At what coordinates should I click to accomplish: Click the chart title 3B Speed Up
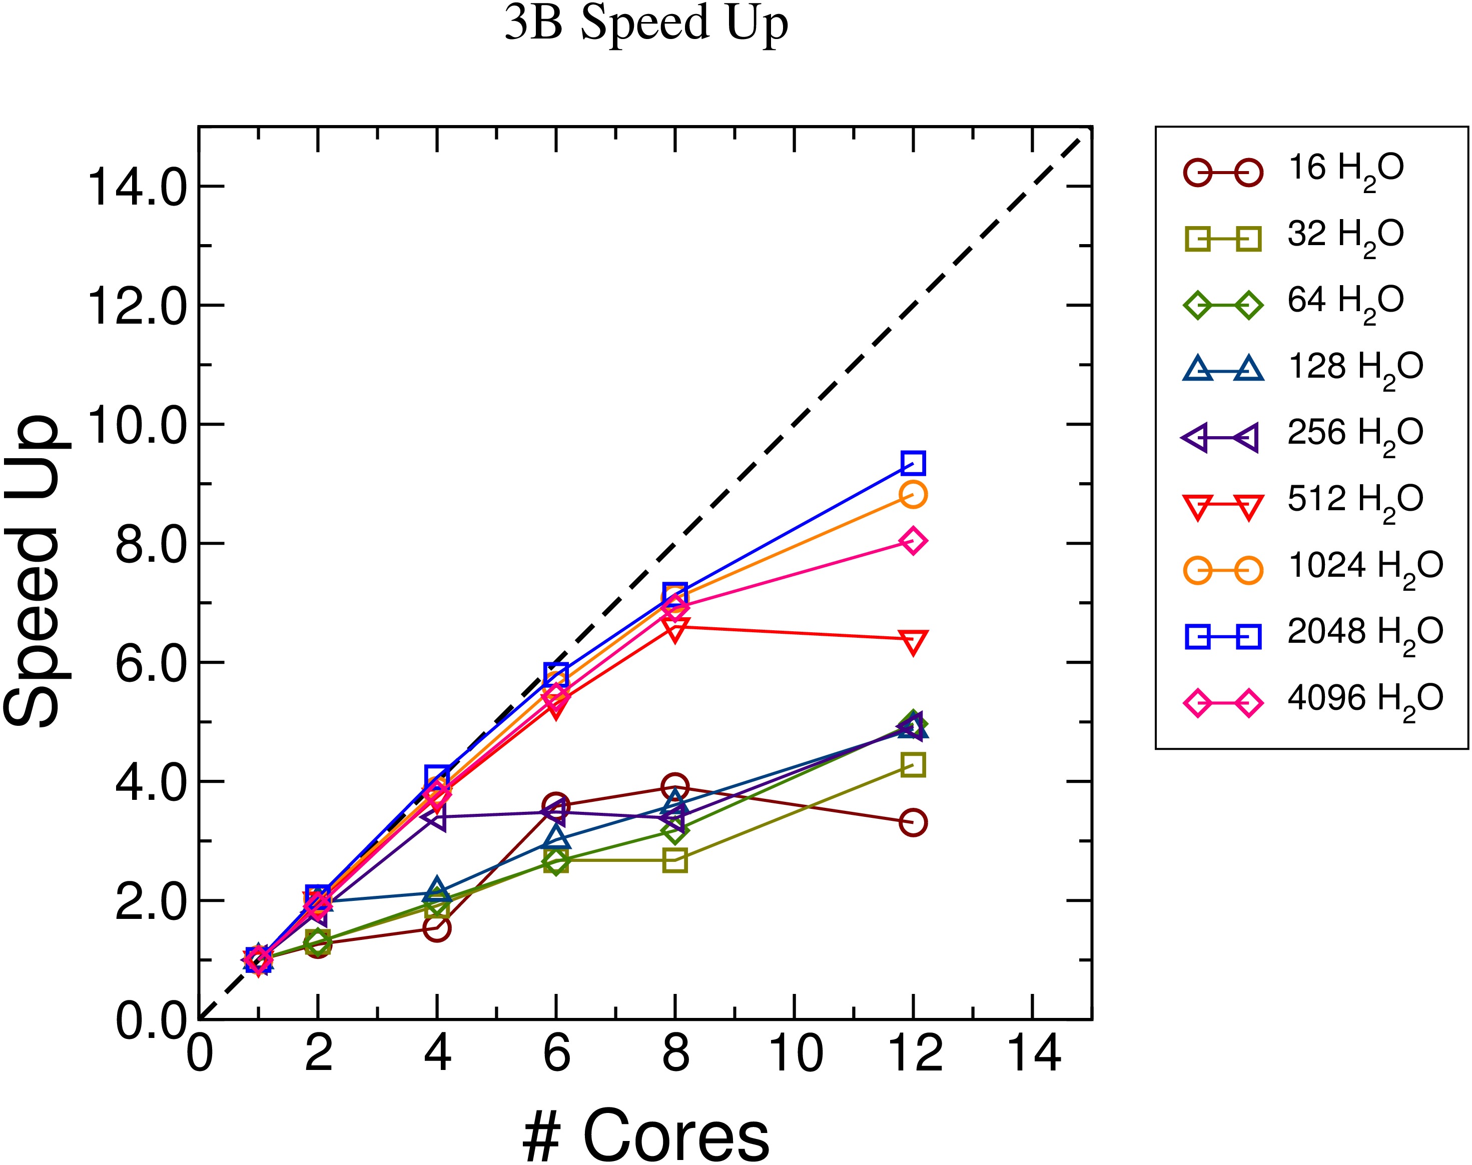pyautogui.click(x=646, y=25)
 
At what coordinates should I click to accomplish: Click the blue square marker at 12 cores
pyautogui.click(x=913, y=463)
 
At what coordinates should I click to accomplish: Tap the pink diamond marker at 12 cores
pyautogui.click(x=913, y=541)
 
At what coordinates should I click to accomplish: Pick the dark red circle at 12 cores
pyautogui.click(x=913, y=822)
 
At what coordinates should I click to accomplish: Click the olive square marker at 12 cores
pyautogui.click(x=913, y=765)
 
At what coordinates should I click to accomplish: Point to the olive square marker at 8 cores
pyautogui.click(x=674, y=861)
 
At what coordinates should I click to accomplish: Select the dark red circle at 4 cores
pyautogui.click(x=437, y=927)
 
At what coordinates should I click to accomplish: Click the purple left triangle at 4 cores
pyautogui.click(x=434, y=818)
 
